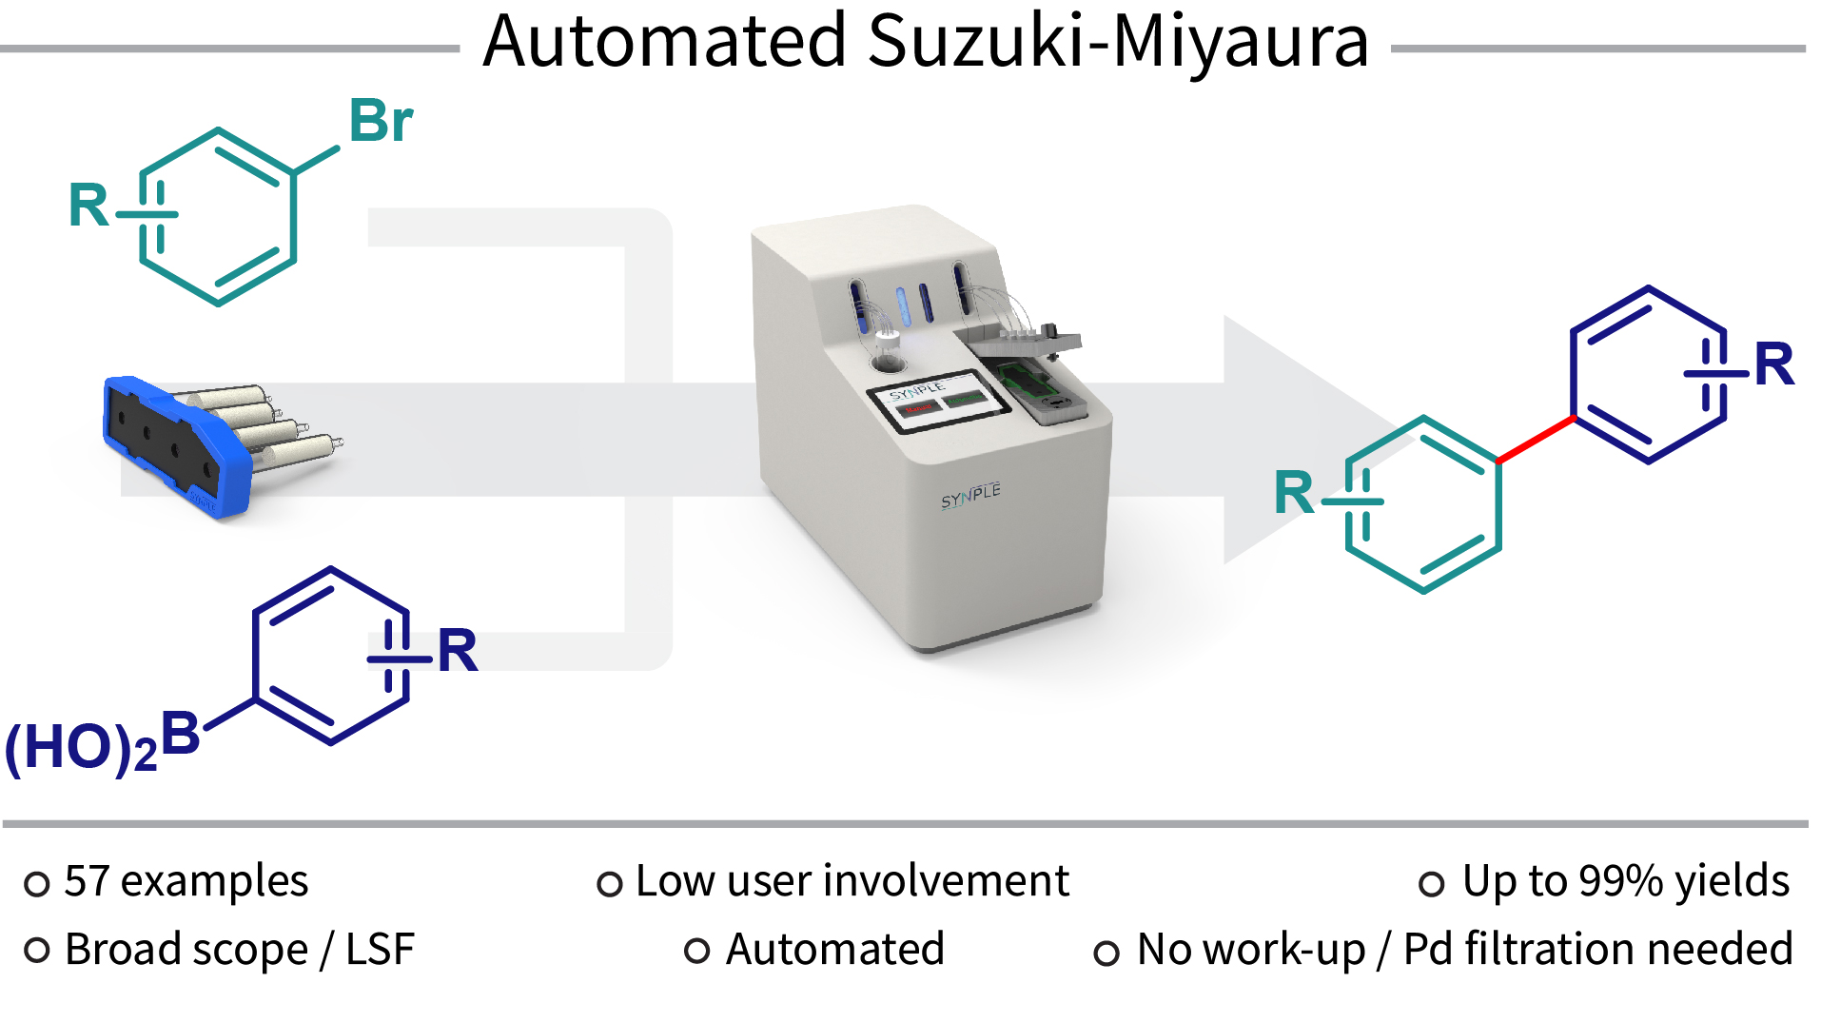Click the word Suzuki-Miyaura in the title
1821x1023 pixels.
coord(1118,42)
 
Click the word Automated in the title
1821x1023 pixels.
coord(664,42)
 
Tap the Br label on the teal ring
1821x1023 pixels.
coord(381,122)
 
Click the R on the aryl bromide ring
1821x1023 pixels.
coord(89,206)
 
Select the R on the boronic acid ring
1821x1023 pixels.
coord(458,652)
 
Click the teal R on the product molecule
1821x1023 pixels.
coord(1294,493)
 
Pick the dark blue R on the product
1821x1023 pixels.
coord(1773,364)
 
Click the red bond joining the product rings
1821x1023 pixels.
coord(1536,440)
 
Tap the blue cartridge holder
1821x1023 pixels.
coord(176,447)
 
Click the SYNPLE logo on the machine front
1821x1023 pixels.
coord(970,495)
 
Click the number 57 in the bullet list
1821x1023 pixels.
coord(87,881)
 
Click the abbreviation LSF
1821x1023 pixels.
coord(380,950)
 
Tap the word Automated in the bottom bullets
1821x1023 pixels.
coord(834,950)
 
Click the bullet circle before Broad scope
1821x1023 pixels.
coord(37,950)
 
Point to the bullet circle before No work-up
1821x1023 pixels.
coord(1106,953)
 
